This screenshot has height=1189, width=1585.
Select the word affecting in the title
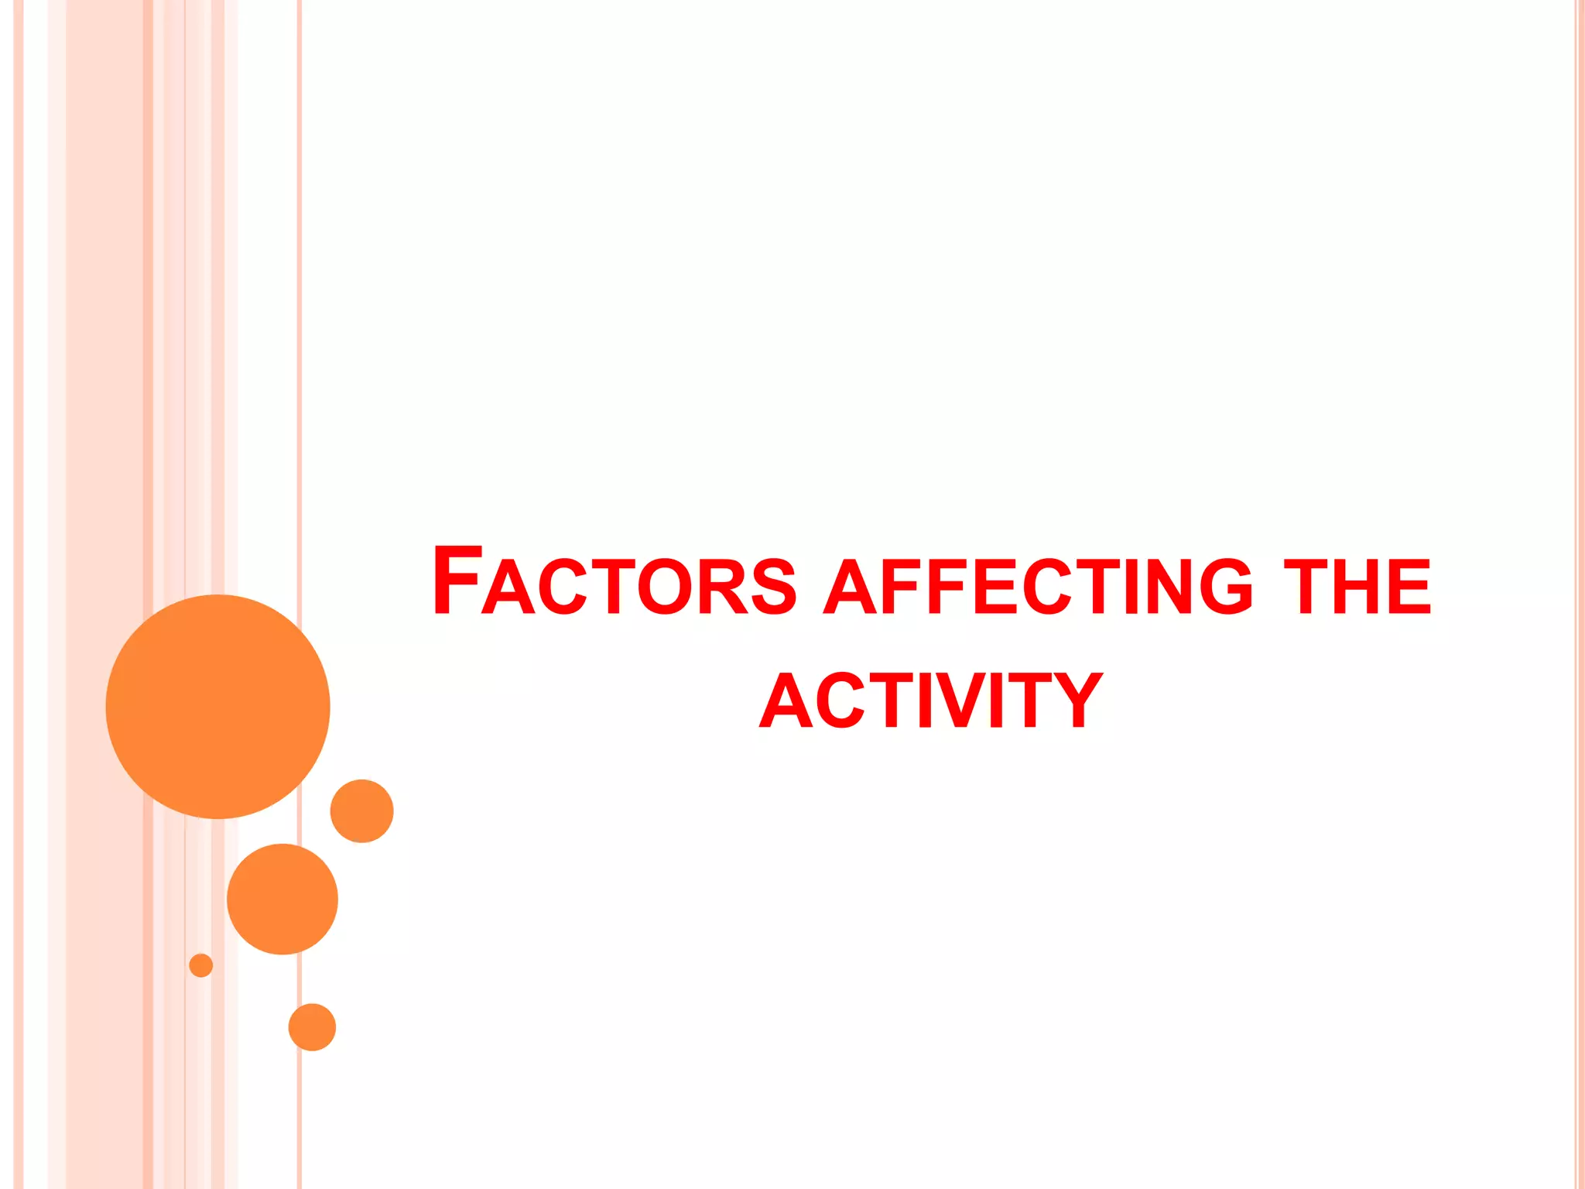[x=1037, y=586]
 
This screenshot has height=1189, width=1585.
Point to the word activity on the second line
[x=931, y=701]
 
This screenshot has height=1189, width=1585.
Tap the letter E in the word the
[x=1410, y=587]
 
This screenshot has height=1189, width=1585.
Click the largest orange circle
[x=217, y=706]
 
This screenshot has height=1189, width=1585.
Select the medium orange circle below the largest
[x=282, y=899]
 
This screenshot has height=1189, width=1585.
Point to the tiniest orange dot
[x=201, y=965]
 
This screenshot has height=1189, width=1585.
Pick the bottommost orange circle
[x=312, y=1027]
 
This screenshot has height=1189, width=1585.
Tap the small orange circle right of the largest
[x=361, y=810]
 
